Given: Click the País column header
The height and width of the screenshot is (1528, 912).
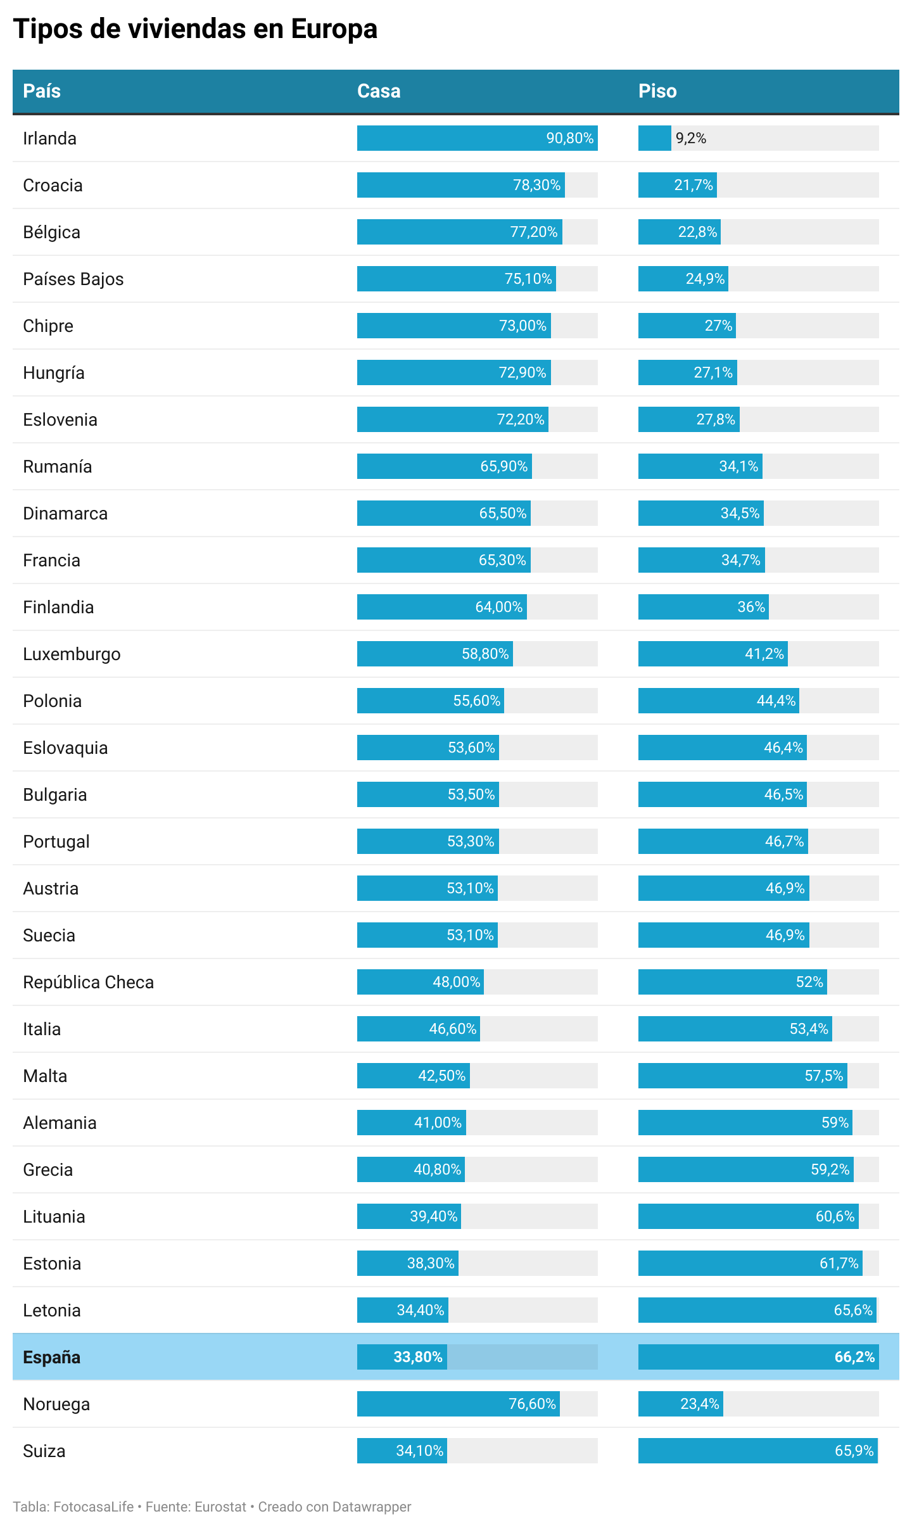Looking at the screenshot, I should (x=42, y=91).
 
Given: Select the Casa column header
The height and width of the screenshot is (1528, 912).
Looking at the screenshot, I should (x=379, y=91).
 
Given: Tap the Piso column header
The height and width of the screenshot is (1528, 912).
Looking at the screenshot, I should (x=657, y=91).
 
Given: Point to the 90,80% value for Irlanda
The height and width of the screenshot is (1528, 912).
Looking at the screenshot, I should (x=569, y=138).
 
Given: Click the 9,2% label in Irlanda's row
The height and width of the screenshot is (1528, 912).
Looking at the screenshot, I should (x=690, y=138).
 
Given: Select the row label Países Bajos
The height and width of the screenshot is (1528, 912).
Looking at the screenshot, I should (x=73, y=279).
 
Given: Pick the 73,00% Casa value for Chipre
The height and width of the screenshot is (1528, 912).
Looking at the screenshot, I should (x=522, y=326).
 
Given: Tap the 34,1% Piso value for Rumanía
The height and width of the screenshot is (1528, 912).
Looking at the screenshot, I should (x=738, y=466).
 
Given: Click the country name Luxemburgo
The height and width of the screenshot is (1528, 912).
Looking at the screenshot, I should (x=72, y=654).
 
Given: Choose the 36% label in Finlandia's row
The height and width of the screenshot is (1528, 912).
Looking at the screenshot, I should (x=751, y=607).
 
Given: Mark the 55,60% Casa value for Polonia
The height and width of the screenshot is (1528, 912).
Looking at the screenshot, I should (x=476, y=701).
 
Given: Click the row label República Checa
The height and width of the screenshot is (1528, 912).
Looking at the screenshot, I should (x=89, y=983).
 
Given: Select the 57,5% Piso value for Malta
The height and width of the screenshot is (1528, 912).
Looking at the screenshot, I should (x=823, y=1076).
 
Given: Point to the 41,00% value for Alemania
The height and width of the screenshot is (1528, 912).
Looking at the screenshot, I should (x=438, y=1123).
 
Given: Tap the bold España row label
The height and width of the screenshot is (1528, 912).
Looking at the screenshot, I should (x=52, y=1358).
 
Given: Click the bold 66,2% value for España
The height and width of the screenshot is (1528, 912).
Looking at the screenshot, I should (x=854, y=1357).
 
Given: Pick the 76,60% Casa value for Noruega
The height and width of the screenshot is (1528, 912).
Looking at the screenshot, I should (x=532, y=1404).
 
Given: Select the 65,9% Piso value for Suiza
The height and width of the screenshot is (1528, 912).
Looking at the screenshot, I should (x=854, y=1451).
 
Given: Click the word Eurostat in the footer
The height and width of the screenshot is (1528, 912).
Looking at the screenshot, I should (x=220, y=1507).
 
